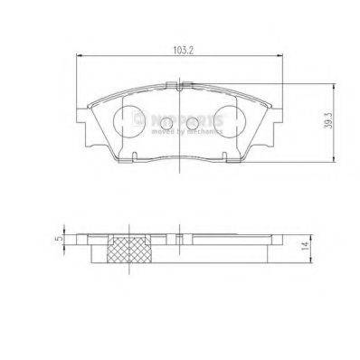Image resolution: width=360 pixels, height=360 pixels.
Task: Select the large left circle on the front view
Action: pyautogui.click(x=131, y=118)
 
